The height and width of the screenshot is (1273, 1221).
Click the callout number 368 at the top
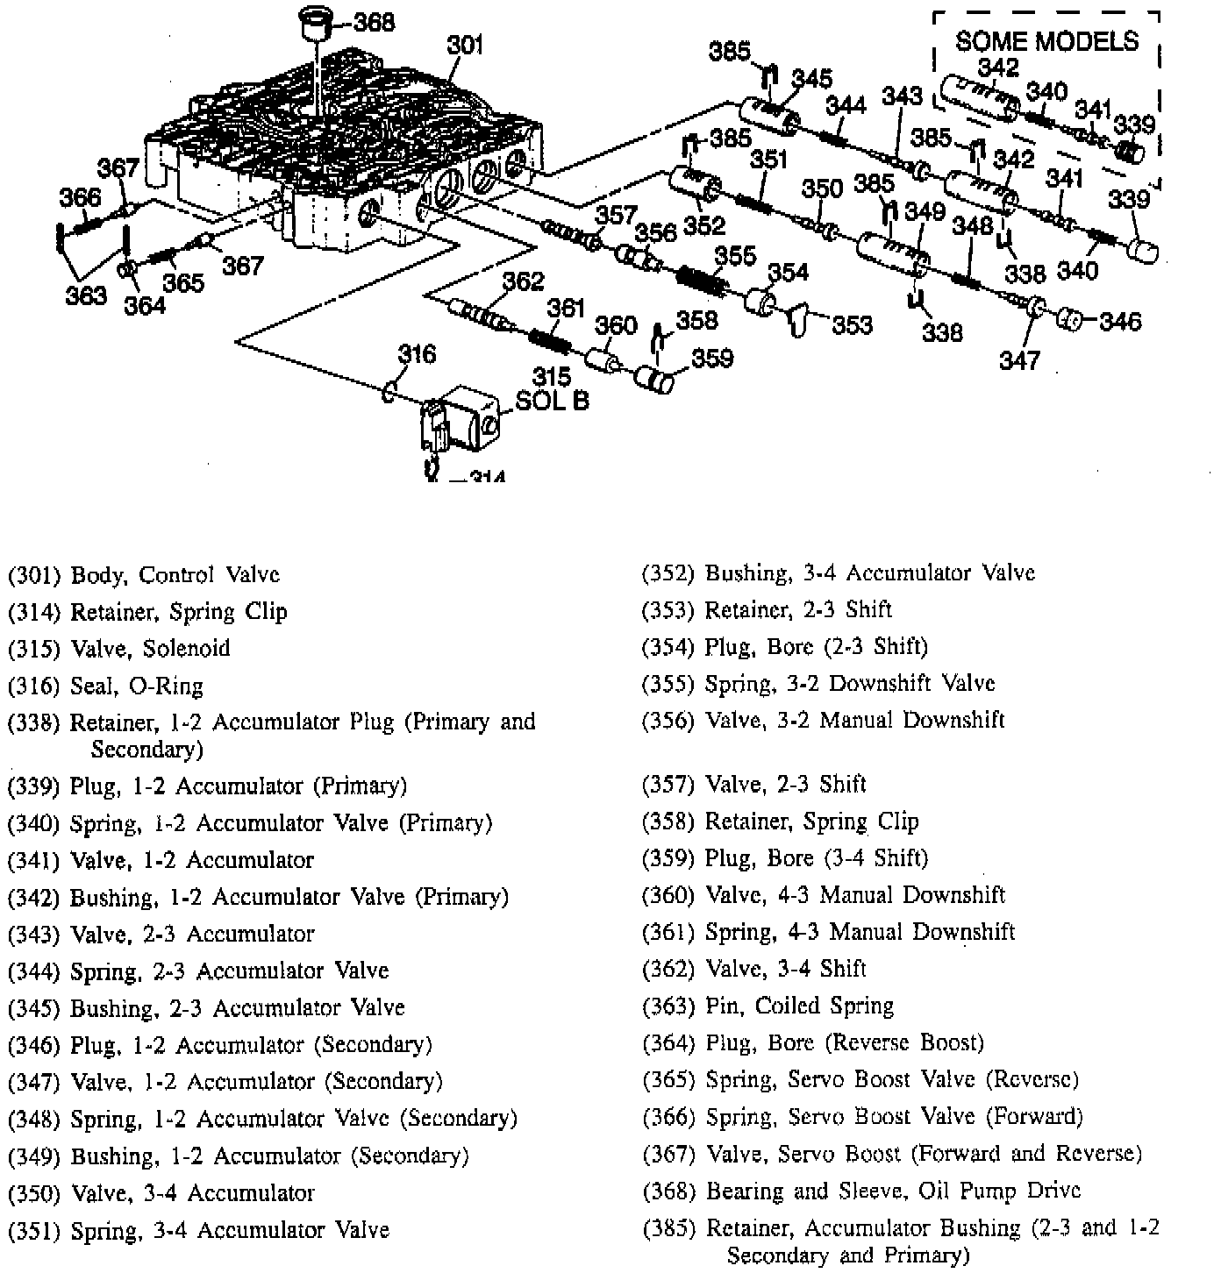click(x=374, y=23)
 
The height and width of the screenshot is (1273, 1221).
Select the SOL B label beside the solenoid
click(x=552, y=401)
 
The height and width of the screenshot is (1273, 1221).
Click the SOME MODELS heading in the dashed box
click(x=1046, y=41)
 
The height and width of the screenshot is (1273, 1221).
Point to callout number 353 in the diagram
click(x=852, y=325)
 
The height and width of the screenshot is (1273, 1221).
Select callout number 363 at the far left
click(x=86, y=295)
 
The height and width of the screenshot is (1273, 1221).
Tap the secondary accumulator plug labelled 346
click(x=1068, y=320)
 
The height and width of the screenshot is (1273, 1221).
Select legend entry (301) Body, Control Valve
click(x=144, y=575)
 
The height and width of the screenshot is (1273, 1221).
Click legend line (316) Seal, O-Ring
click(x=105, y=686)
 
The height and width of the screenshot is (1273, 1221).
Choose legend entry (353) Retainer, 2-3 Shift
click(x=767, y=609)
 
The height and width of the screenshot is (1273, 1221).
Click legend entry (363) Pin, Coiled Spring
click(x=768, y=1006)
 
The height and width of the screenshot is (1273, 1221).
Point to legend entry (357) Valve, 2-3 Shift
click(x=754, y=784)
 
